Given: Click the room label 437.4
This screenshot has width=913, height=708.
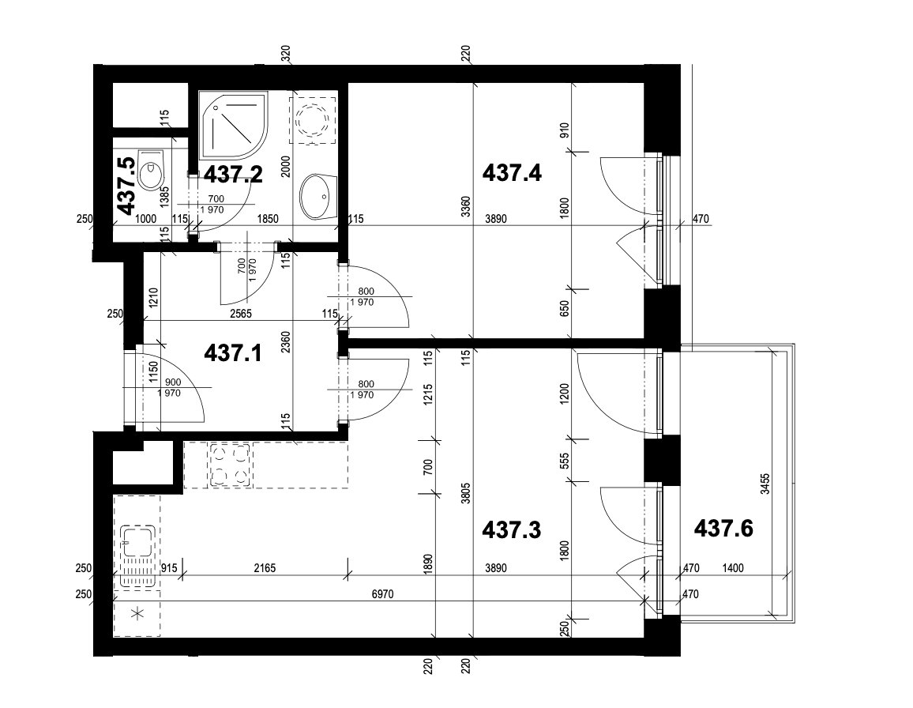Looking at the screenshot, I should click(511, 172).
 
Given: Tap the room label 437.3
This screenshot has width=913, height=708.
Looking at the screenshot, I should click(511, 529).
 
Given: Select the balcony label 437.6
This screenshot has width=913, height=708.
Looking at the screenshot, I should click(723, 527).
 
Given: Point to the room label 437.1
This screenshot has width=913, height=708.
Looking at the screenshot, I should click(233, 352).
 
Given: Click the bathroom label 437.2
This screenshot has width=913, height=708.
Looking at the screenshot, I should click(233, 174).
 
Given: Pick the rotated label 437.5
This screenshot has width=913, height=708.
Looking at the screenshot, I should click(125, 186).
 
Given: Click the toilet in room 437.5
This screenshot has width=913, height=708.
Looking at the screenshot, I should click(150, 170).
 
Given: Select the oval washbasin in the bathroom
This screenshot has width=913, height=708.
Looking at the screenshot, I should click(318, 194).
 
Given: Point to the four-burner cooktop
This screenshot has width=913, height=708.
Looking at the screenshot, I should click(230, 464).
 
